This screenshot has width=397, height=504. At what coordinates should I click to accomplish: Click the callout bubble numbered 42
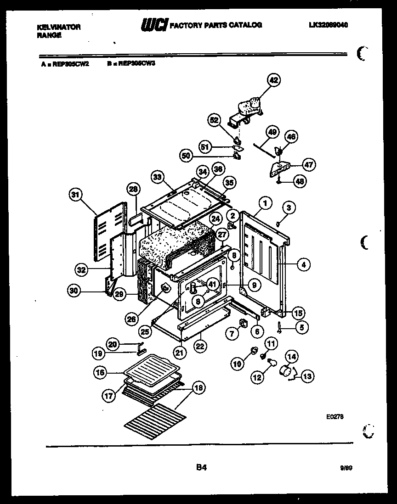(273, 80)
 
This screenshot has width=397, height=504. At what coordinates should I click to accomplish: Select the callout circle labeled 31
(75, 195)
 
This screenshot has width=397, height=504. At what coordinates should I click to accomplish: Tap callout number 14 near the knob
(292, 356)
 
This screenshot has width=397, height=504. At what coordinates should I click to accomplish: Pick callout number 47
(309, 165)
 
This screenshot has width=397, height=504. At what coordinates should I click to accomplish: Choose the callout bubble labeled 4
(303, 264)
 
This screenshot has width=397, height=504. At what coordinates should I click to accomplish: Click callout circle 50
(186, 156)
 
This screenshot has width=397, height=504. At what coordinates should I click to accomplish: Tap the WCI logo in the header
(154, 25)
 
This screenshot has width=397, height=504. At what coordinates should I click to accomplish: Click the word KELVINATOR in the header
(58, 27)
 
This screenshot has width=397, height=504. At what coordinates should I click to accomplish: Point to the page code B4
(201, 468)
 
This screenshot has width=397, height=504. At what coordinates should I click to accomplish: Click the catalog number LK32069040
(328, 25)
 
